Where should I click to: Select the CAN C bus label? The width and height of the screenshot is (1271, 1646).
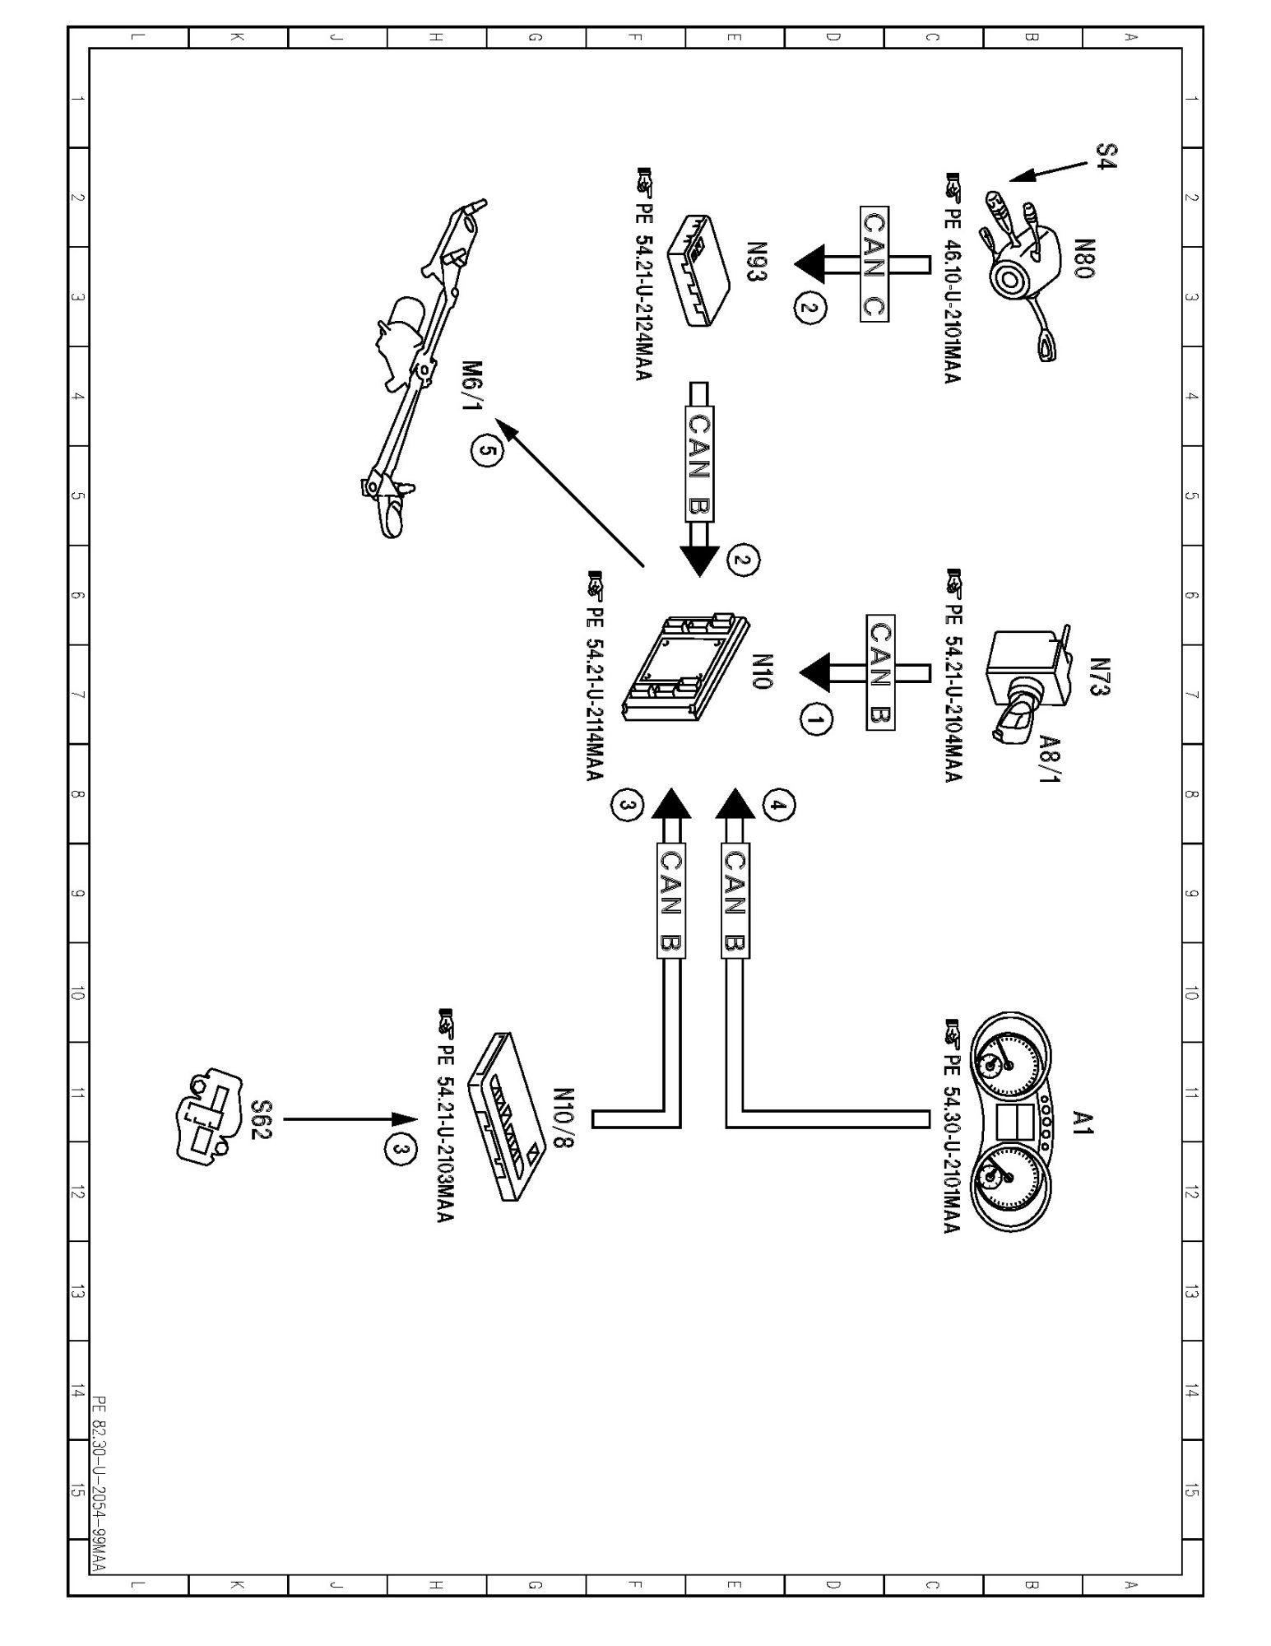tap(874, 263)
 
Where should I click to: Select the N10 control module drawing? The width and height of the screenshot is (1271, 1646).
tap(688, 667)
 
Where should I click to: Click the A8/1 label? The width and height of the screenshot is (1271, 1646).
tap(1050, 758)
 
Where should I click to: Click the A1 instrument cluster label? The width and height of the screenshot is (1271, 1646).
tap(1083, 1123)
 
